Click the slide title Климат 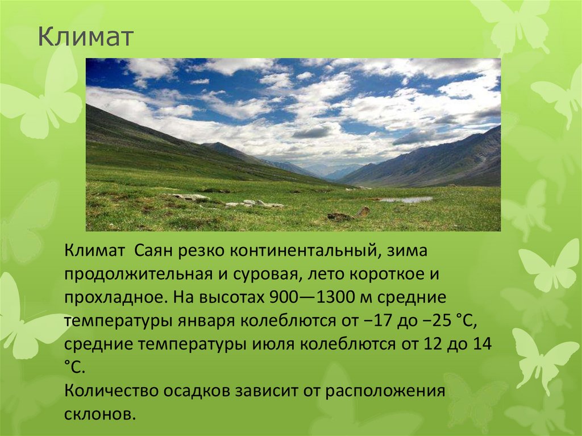tap(86, 38)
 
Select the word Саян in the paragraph tap(156, 251)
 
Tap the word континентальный tap(289, 251)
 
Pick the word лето tap(325, 275)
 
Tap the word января tap(207, 321)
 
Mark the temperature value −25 tap(427, 321)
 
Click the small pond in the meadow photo tap(406, 200)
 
